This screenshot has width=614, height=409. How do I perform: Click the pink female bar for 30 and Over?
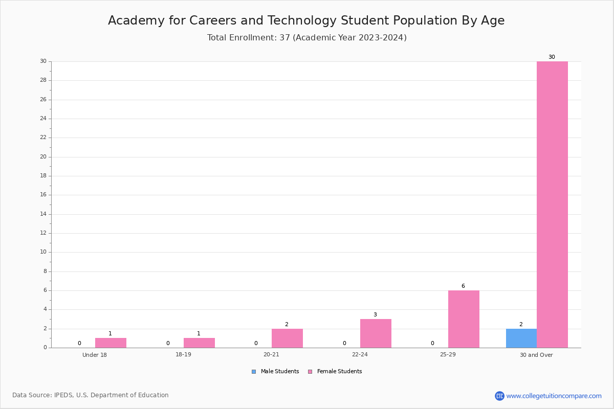[552, 204]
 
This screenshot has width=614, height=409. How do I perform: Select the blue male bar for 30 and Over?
[521, 338]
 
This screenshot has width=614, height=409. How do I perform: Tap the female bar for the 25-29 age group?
[464, 319]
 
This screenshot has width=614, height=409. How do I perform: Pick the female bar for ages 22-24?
[376, 333]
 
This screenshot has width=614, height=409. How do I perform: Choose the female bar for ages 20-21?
[287, 338]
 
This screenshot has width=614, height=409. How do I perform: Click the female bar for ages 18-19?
[199, 343]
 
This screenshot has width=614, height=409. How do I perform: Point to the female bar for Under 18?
[111, 343]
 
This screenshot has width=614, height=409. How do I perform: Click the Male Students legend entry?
[275, 372]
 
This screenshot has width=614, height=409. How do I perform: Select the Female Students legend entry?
[335, 372]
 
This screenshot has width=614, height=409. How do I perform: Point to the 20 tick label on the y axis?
[43, 156]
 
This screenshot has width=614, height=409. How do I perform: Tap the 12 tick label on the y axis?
[43, 233]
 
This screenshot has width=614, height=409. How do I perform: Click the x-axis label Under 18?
[95, 355]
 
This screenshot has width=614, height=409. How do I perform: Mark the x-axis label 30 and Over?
[536, 355]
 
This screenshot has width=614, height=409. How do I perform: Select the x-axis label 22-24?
[360, 354]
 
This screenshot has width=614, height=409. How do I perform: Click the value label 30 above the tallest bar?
[552, 57]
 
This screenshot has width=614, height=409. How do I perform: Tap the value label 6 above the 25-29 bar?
[463, 286]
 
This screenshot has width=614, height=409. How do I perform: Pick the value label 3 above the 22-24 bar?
[375, 314]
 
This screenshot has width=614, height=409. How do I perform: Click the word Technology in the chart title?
[301, 21]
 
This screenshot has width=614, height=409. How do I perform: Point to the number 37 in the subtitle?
[285, 37]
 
